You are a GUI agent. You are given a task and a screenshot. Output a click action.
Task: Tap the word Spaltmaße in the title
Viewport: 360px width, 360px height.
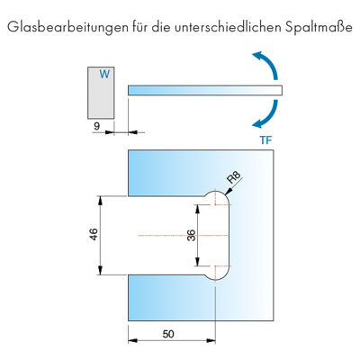click(319, 28)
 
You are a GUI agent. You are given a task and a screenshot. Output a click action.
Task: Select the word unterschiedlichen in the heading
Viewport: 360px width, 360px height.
click(228, 27)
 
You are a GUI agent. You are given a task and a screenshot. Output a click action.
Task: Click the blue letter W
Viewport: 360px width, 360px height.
click(104, 74)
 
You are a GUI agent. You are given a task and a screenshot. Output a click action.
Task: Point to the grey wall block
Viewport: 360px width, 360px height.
click(101, 93)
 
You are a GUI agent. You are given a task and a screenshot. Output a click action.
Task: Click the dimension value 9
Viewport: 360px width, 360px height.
click(96, 126)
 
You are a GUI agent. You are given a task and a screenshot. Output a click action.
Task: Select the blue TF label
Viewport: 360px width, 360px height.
click(265, 140)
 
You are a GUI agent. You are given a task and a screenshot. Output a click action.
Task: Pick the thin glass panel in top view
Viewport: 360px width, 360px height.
click(205, 90)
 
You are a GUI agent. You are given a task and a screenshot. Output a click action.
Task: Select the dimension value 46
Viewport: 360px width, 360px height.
click(94, 234)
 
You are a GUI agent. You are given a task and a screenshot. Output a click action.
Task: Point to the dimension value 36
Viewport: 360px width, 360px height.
click(192, 235)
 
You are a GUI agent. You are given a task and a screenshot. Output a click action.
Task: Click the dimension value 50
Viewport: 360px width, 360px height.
click(168, 334)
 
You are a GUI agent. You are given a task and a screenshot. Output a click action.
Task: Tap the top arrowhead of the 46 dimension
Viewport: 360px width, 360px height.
click(101, 201)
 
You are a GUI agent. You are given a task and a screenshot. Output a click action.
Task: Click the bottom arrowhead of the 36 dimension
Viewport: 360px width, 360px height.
click(197, 261)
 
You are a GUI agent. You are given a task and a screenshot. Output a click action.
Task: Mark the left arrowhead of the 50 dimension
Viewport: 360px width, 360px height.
click(132, 340)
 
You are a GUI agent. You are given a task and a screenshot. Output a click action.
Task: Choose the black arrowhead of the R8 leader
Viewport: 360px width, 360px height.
click(229, 191)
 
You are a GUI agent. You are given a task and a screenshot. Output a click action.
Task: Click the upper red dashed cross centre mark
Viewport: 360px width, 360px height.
click(216, 204)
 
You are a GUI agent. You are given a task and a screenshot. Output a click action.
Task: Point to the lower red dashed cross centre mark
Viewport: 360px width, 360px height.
click(216, 266)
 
